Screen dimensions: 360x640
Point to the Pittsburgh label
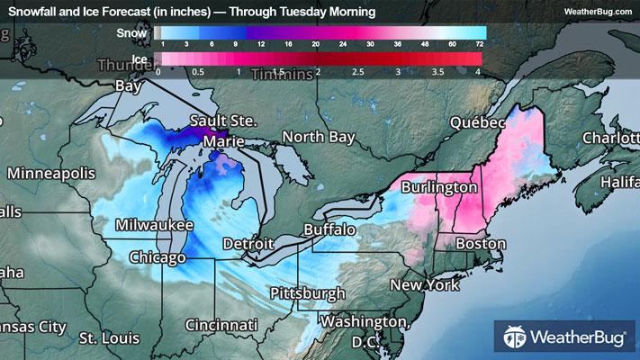pos(308,293)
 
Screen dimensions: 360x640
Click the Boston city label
pos(480,244)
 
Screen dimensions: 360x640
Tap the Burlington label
pos(438,187)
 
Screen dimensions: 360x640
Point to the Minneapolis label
pos(50,172)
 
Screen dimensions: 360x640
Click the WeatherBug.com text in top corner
pos(597,11)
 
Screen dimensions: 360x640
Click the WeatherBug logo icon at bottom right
pos(516,339)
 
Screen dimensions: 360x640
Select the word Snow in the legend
pos(131,32)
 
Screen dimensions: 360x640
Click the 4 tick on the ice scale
pos(478,70)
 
